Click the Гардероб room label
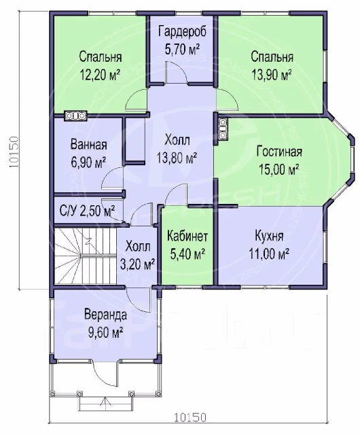[x=183, y=31]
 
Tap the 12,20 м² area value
[x=100, y=74]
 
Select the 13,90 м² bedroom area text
[x=272, y=74]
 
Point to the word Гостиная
[x=279, y=152]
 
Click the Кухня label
[x=269, y=237]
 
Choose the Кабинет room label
[x=187, y=237]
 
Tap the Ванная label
[x=89, y=145]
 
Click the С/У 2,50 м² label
[x=88, y=211]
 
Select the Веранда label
[x=106, y=315]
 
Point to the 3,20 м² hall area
[x=137, y=264]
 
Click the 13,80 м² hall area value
[x=177, y=158]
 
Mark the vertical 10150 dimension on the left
[x=14, y=152]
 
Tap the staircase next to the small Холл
[x=85, y=256]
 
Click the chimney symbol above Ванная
[x=75, y=116]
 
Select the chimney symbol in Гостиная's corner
[x=223, y=128]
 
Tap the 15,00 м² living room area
[x=278, y=169]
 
